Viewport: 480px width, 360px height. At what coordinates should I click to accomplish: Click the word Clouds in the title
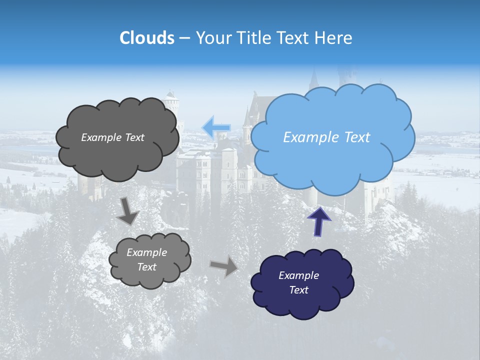coord(147,38)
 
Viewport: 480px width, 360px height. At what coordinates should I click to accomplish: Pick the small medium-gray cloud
coord(149,260)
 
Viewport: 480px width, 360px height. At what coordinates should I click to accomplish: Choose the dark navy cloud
coord(302,283)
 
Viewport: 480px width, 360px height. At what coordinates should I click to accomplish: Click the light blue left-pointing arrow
coord(216,128)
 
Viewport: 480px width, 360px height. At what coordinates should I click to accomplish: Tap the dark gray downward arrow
coord(127,211)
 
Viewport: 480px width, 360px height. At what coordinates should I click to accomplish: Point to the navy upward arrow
coord(319,220)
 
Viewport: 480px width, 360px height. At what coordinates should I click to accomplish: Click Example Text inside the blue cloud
coord(326,137)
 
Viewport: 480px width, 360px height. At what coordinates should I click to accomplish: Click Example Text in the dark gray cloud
coord(112,137)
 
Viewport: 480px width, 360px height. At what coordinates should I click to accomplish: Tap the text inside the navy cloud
coord(298,282)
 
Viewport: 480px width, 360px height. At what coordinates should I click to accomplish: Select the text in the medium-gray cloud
coord(146,260)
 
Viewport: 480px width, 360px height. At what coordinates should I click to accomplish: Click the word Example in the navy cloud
coord(298,275)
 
